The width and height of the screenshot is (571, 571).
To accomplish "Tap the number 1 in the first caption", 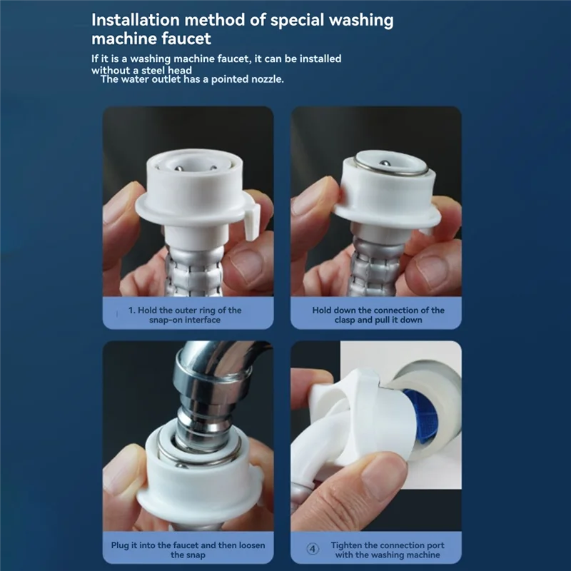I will click(131, 310).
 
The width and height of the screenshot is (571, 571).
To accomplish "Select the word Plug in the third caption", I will click(121, 545).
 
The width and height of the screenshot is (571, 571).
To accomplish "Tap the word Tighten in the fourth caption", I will click(348, 545).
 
